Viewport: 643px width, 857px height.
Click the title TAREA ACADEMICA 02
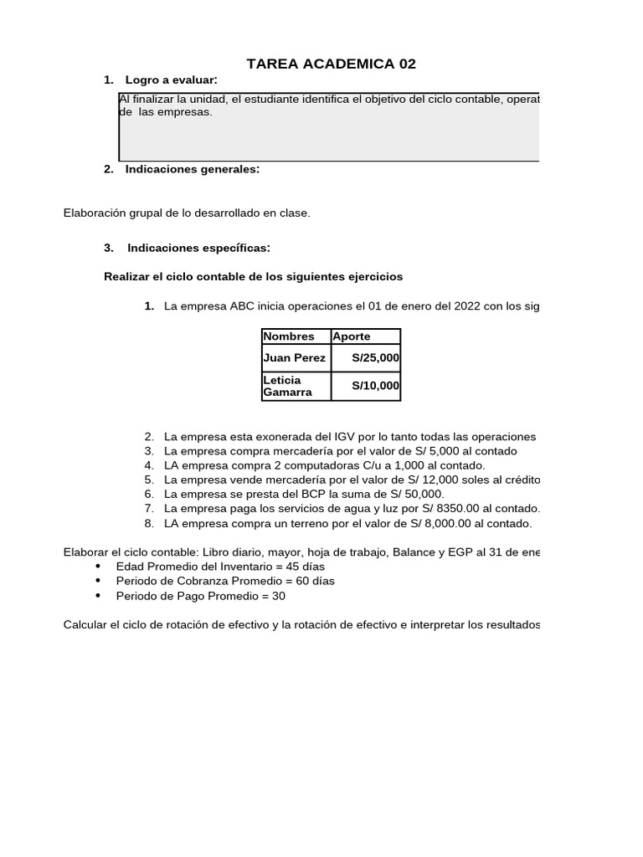tap(331, 64)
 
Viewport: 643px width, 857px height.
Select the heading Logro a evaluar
tap(171, 80)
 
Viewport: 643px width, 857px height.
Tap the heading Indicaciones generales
tap(192, 169)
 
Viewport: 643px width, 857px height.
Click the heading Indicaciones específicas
tap(198, 248)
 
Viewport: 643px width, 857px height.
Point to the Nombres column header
tap(289, 336)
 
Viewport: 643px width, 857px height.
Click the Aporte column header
tap(352, 336)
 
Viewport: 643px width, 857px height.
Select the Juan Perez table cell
tap(294, 358)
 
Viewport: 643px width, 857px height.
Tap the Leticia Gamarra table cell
tap(294, 386)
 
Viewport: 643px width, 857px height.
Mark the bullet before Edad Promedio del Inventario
tap(99, 567)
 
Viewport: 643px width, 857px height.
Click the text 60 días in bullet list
tap(314, 581)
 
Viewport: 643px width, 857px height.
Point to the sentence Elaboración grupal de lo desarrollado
tap(187, 213)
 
